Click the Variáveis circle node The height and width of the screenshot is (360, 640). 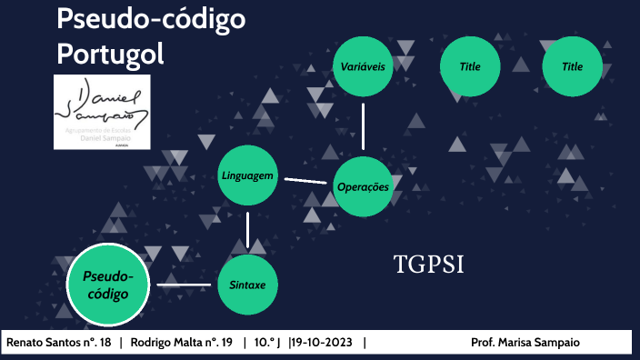(363, 67)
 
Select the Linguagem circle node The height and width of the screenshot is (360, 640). (248, 175)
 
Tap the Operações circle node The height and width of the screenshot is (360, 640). (363, 186)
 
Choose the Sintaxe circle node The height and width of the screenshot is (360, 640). (247, 284)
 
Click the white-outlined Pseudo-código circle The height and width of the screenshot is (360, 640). (107, 285)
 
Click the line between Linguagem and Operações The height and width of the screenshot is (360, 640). (305, 180)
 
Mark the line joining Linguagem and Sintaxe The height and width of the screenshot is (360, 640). (248, 229)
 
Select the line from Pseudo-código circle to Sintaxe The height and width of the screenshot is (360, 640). (184, 285)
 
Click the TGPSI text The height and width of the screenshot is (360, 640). (429, 265)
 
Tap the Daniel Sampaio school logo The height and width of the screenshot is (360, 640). (102, 112)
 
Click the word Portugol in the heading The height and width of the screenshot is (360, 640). (110, 54)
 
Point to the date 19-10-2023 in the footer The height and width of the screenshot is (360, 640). (325, 343)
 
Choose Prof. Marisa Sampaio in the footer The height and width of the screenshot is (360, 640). (525, 343)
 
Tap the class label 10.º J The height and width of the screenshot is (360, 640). (267, 343)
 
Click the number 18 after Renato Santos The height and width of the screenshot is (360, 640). (104, 343)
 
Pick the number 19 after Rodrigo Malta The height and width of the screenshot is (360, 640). (227, 343)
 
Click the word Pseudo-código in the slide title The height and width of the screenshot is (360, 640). (150, 20)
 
